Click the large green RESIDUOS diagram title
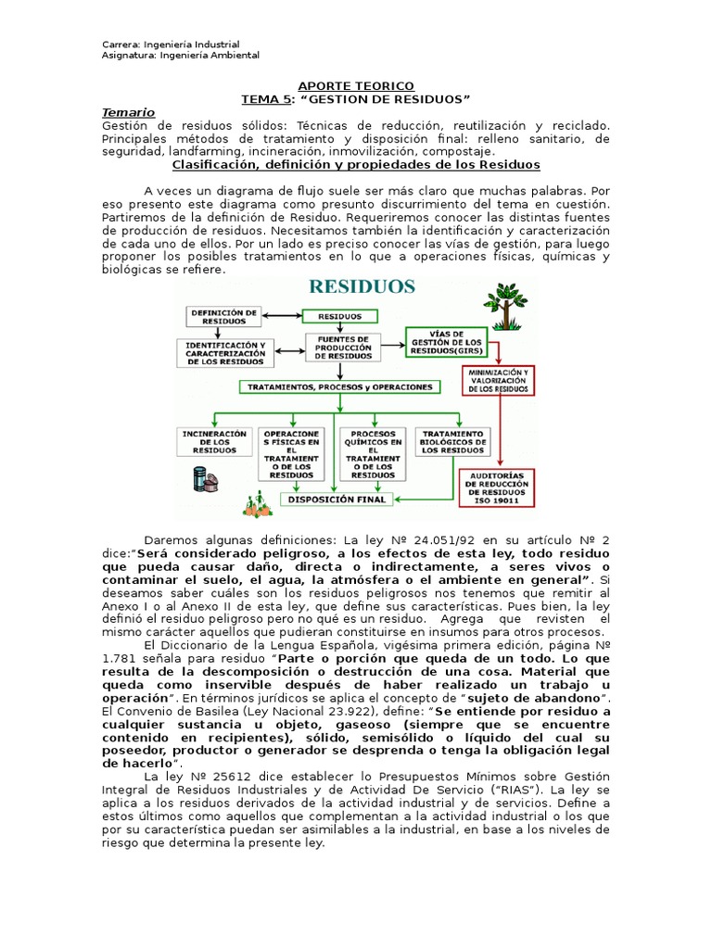point(362,286)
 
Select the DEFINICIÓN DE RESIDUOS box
point(224,316)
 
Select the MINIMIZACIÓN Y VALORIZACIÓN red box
point(499,381)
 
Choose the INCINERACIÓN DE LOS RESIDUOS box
point(215,441)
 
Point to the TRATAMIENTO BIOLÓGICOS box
point(452,441)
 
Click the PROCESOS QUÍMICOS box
point(372,454)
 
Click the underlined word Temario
point(128,112)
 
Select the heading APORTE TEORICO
point(355,85)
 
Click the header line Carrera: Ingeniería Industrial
point(171,44)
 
